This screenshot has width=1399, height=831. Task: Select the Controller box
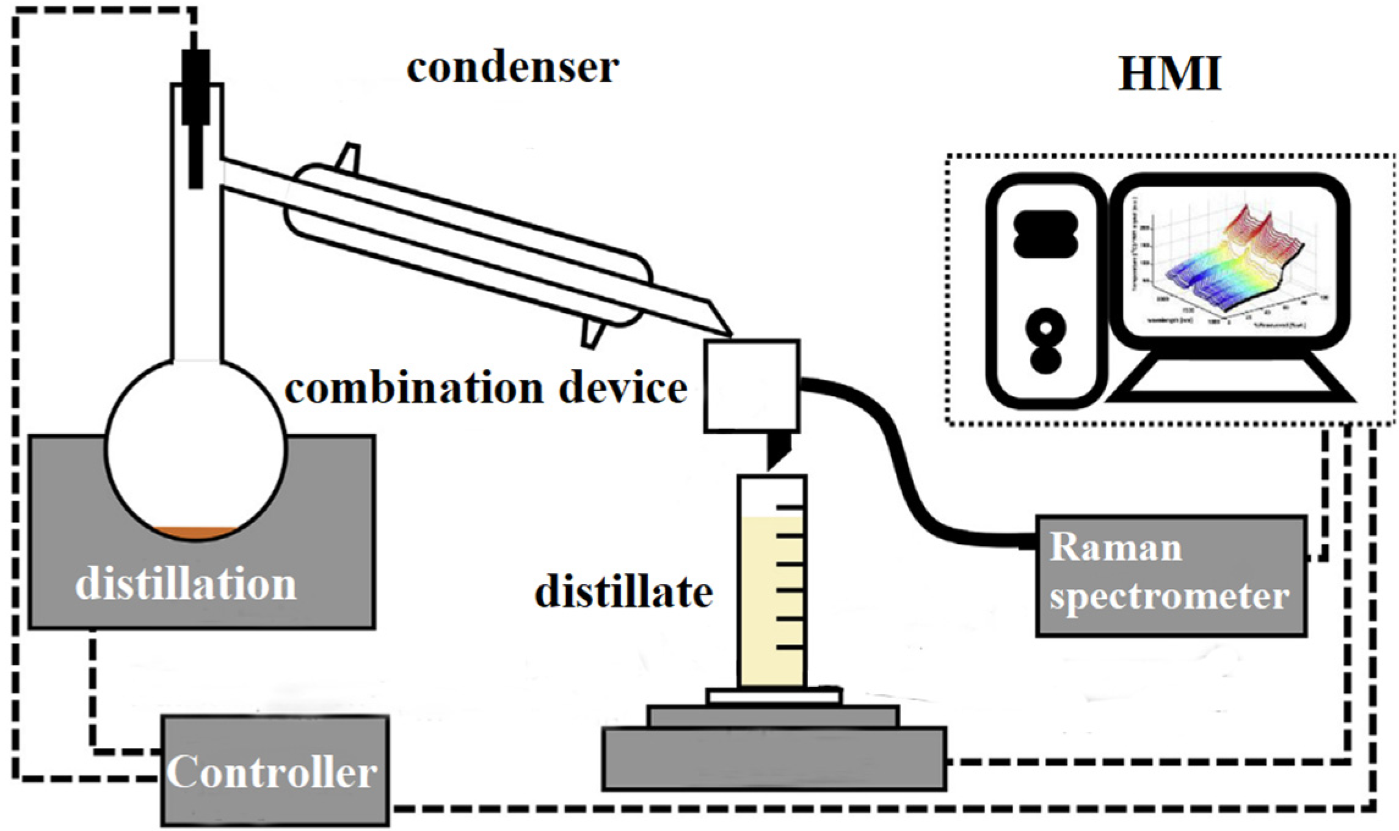275,771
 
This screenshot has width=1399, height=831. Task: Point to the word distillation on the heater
186,584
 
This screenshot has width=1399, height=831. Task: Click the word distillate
623,591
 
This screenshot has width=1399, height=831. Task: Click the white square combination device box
752,386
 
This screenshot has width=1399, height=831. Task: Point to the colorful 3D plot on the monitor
1227,269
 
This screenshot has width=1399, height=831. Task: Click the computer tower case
1045,290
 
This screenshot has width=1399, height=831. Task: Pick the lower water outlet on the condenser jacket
591,334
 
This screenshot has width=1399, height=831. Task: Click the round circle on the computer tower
1045,328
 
